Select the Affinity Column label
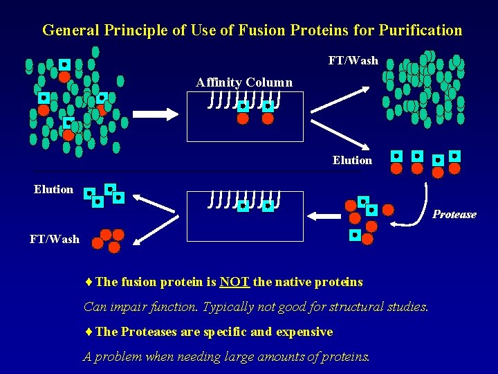[x=244, y=82]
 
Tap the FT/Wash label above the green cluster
[x=353, y=60]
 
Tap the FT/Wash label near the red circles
[x=54, y=239]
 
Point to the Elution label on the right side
[x=352, y=160]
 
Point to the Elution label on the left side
[x=53, y=189]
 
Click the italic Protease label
[x=454, y=214]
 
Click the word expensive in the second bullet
[x=304, y=332]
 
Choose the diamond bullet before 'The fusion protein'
[x=89, y=282]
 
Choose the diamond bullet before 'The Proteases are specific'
[x=89, y=332]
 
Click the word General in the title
[x=71, y=30]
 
